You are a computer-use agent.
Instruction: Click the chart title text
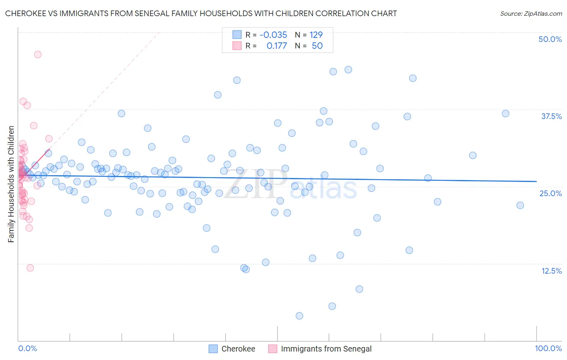201,13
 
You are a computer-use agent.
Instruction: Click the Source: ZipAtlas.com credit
531,13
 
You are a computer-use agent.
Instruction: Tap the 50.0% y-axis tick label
550,39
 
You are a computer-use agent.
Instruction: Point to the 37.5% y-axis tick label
551,116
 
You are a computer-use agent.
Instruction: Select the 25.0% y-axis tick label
550,193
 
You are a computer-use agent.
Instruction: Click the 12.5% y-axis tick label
551,271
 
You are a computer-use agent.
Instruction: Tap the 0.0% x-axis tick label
27,348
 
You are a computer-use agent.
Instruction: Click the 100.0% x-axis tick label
548,348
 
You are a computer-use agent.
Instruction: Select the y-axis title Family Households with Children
11,184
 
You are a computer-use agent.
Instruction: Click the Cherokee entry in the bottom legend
238,349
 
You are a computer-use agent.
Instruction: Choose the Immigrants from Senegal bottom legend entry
326,349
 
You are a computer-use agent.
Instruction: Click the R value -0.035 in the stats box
273,35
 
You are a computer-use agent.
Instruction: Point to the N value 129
316,35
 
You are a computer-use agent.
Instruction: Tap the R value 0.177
277,46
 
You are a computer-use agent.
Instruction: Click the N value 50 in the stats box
317,46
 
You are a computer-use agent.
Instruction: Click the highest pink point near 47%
38,54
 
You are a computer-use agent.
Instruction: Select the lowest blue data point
299,316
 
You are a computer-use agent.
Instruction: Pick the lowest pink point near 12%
30,268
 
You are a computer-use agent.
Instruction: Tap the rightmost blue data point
520,205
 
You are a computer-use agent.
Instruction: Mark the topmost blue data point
348,70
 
